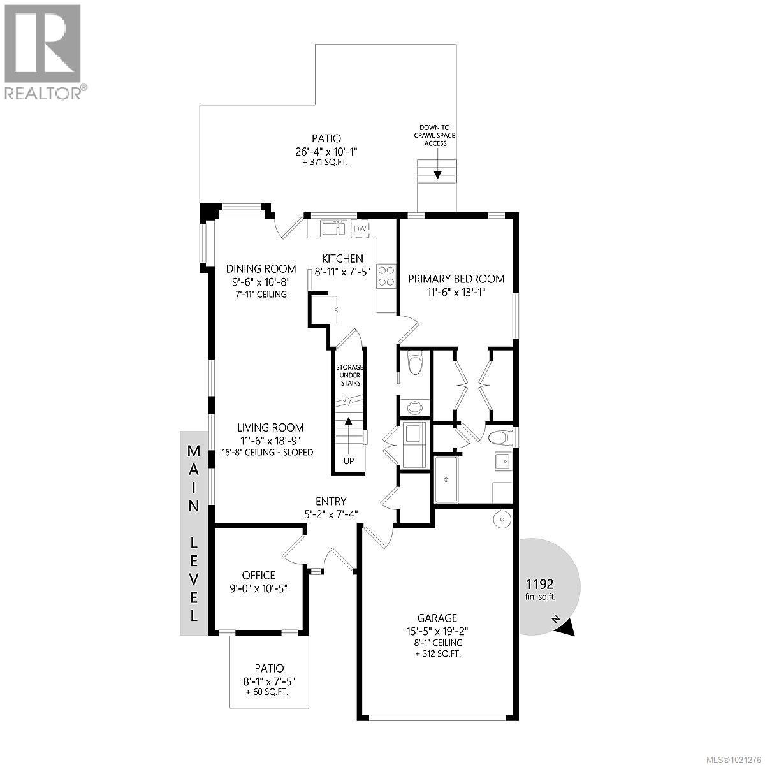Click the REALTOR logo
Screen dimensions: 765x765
(x=43, y=51)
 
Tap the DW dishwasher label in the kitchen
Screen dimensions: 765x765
(x=360, y=228)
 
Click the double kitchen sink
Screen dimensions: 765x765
(x=333, y=228)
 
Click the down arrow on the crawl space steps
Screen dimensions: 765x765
(x=437, y=173)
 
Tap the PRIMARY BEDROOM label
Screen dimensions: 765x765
(x=456, y=279)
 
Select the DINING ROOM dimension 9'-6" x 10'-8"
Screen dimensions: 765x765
(x=265, y=282)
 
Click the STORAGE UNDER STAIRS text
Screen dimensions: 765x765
(x=349, y=375)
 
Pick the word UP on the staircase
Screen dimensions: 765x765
(x=348, y=461)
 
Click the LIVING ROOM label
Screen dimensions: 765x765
(x=270, y=428)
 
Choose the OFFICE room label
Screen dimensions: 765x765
(x=258, y=574)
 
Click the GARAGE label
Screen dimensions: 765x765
(x=437, y=618)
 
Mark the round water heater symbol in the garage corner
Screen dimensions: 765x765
(x=502, y=519)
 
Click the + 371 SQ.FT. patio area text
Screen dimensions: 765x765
(x=326, y=163)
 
